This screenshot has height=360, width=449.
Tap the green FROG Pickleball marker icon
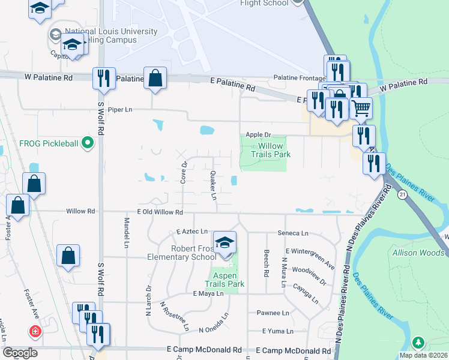(88, 143)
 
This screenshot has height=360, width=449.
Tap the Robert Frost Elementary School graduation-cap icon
(225, 242)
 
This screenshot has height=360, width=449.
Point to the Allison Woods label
(418, 253)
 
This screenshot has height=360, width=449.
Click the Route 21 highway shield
(402, 195)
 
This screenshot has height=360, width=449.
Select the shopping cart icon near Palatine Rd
(361, 109)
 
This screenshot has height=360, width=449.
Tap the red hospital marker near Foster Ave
(35, 331)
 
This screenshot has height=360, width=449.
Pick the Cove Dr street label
(184, 172)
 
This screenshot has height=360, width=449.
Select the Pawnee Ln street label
(273, 313)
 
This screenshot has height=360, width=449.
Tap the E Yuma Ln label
(278, 331)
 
